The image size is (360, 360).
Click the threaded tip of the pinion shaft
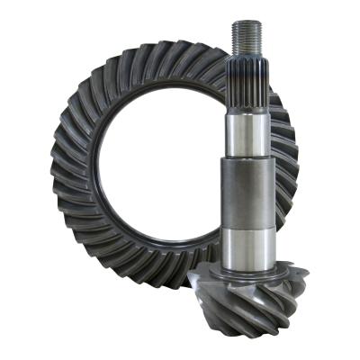(247, 37)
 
